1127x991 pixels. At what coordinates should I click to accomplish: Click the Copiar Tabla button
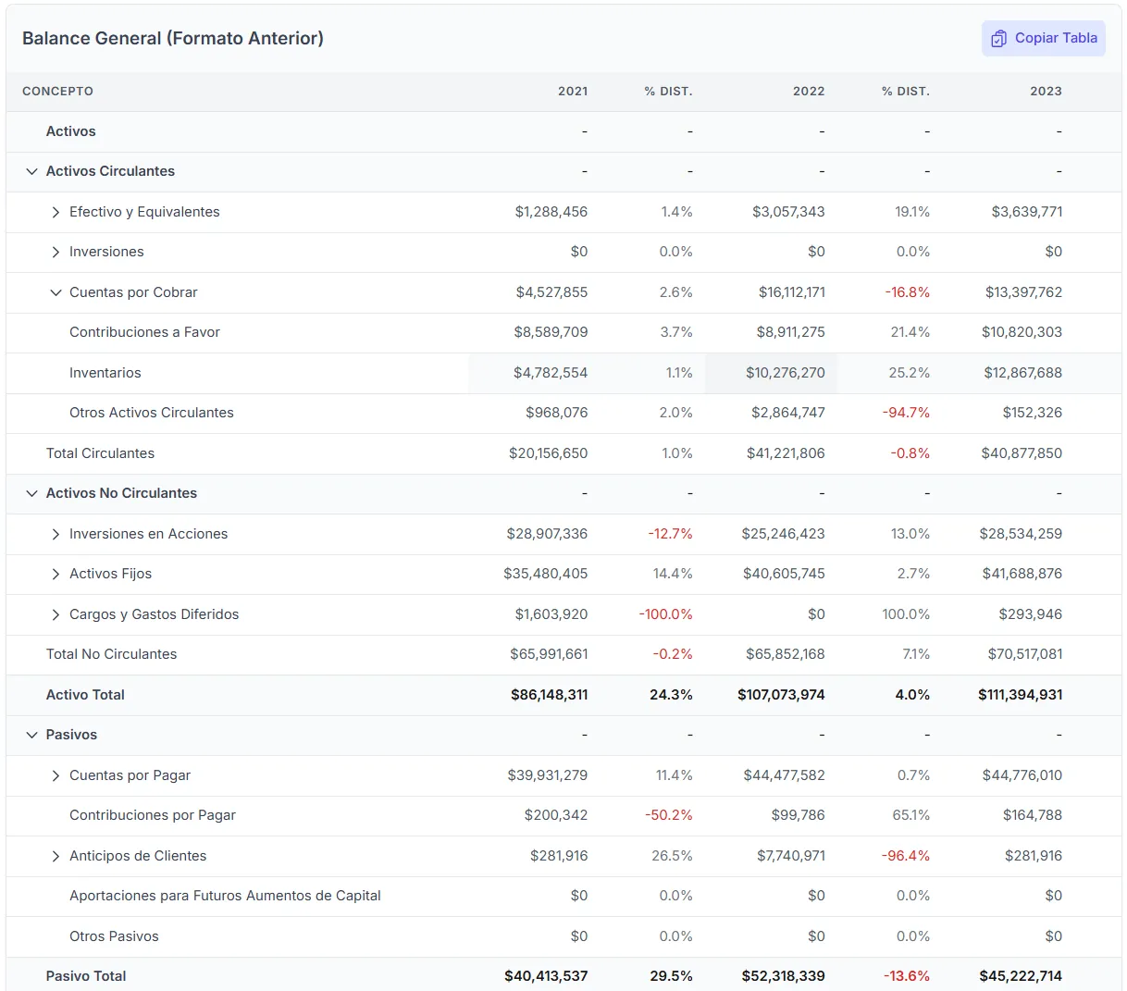coord(1043,39)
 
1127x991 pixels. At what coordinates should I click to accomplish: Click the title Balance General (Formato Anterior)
coord(173,38)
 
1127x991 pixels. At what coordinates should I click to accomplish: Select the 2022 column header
coord(808,91)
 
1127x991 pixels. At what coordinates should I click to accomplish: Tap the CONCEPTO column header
coord(57,91)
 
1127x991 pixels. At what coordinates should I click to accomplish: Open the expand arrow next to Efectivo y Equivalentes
coord(56,212)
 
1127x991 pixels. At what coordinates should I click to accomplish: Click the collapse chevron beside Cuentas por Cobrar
coord(56,292)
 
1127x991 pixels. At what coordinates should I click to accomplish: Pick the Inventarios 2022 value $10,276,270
coord(785,373)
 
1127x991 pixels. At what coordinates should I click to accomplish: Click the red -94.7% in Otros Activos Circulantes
coord(906,413)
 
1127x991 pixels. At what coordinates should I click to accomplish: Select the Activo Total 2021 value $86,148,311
coord(549,695)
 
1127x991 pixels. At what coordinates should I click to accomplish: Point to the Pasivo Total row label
coord(86,976)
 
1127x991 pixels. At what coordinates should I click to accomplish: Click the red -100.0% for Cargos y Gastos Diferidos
coord(665,614)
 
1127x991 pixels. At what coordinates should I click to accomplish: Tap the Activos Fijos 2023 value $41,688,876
coord(1022,574)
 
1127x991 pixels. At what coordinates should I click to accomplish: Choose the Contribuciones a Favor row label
coord(144,332)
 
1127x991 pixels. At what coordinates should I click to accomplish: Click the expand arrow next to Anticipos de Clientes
coord(56,856)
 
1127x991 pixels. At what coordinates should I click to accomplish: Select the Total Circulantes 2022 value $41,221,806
coord(785,453)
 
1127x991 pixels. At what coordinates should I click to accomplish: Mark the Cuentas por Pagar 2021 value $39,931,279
coord(547,775)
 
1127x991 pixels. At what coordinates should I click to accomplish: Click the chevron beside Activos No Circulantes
coord(32,493)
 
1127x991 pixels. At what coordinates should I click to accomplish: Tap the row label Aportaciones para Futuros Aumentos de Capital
coord(225,896)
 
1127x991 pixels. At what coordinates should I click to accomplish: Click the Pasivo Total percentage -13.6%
coord(906,976)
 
